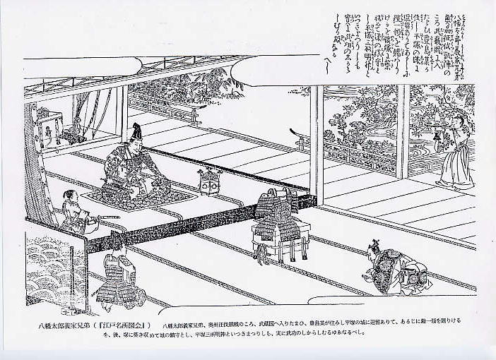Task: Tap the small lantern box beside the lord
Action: (x=208, y=181)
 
